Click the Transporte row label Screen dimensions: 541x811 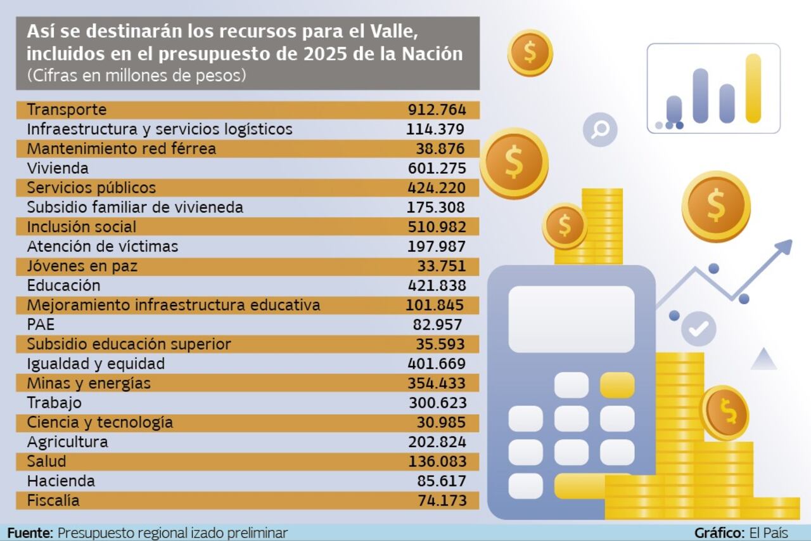coord(67,110)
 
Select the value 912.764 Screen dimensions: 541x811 coord(437,110)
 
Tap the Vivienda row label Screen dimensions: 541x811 coord(58,169)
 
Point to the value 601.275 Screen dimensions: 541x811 coord(437,169)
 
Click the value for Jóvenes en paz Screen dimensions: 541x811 coord(441,266)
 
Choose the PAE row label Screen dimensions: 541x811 coord(41,325)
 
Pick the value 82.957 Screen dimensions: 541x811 coord(439,325)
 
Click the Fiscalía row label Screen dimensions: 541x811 coord(53,500)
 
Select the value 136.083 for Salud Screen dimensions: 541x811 coord(437,462)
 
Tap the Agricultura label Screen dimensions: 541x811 coord(67,442)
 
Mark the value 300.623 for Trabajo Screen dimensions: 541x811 coord(437,403)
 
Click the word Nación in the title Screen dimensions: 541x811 coord(433,54)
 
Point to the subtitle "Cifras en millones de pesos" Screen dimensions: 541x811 coord(136,75)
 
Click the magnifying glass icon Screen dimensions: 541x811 coord(599,130)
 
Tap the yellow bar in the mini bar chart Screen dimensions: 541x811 coord(753,88)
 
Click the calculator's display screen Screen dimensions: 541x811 coord(572,319)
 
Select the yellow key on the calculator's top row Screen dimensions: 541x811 coord(617,385)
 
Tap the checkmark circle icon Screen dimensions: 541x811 coord(699,329)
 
